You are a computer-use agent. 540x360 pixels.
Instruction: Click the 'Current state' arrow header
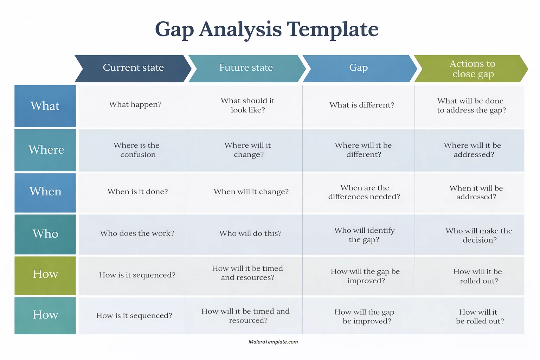(x=133, y=68)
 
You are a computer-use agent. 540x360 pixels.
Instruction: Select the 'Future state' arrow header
(x=246, y=68)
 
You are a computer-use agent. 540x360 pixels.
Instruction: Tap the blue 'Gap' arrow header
(x=359, y=68)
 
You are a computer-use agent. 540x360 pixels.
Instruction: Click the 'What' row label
(x=45, y=106)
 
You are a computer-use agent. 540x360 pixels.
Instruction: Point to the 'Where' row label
(x=45, y=150)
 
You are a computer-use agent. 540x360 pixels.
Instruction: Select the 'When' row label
(x=45, y=192)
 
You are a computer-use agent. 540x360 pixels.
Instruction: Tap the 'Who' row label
(x=45, y=234)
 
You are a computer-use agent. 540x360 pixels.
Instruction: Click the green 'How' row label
(x=45, y=274)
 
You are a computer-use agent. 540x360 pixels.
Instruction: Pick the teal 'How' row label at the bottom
(x=45, y=315)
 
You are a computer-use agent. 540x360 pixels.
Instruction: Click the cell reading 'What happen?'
(x=135, y=105)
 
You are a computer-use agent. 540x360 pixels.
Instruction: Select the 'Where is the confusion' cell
(x=137, y=150)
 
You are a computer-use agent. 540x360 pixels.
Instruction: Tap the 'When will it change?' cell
(x=251, y=192)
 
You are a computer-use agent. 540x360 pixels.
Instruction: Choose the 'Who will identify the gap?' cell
(x=364, y=235)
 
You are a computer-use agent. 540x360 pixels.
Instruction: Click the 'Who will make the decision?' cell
(x=479, y=235)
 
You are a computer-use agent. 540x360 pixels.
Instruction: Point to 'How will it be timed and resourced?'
(x=246, y=316)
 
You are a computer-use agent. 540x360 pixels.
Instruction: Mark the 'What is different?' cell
(x=362, y=105)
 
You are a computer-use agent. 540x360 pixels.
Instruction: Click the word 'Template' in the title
(x=333, y=29)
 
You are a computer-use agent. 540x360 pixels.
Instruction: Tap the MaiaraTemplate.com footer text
(x=273, y=342)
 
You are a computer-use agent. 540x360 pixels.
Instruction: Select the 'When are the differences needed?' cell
(x=364, y=192)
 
